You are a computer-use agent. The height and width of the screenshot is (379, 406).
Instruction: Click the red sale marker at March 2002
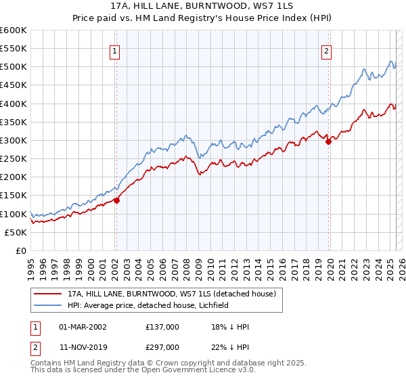pyautogui.click(x=116, y=200)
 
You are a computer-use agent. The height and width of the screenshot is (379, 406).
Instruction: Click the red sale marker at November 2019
pyautogui.click(x=328, y=141)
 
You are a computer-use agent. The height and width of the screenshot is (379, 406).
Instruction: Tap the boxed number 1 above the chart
pyautogui.click(x=115, y=51)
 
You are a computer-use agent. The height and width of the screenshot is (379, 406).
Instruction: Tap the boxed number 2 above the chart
pyautogui.click(x=327, y=51)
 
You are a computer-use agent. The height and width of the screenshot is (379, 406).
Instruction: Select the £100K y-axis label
pyautogui.click(x=14, y=214)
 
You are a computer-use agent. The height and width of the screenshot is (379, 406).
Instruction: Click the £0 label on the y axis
pyautogui.click(x=20, y=250)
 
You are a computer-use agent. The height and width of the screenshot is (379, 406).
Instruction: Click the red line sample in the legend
pyautogui.click(x=48, y=294)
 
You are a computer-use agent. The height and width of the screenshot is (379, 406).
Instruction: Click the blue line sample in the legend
pyautogui.click(x=48, y=305)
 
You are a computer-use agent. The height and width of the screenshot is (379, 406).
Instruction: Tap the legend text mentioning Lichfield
pyautogui.click(x=148, y=305)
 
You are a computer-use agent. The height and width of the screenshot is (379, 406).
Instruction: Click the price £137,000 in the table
pyautogui.click(x=162, y=326)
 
